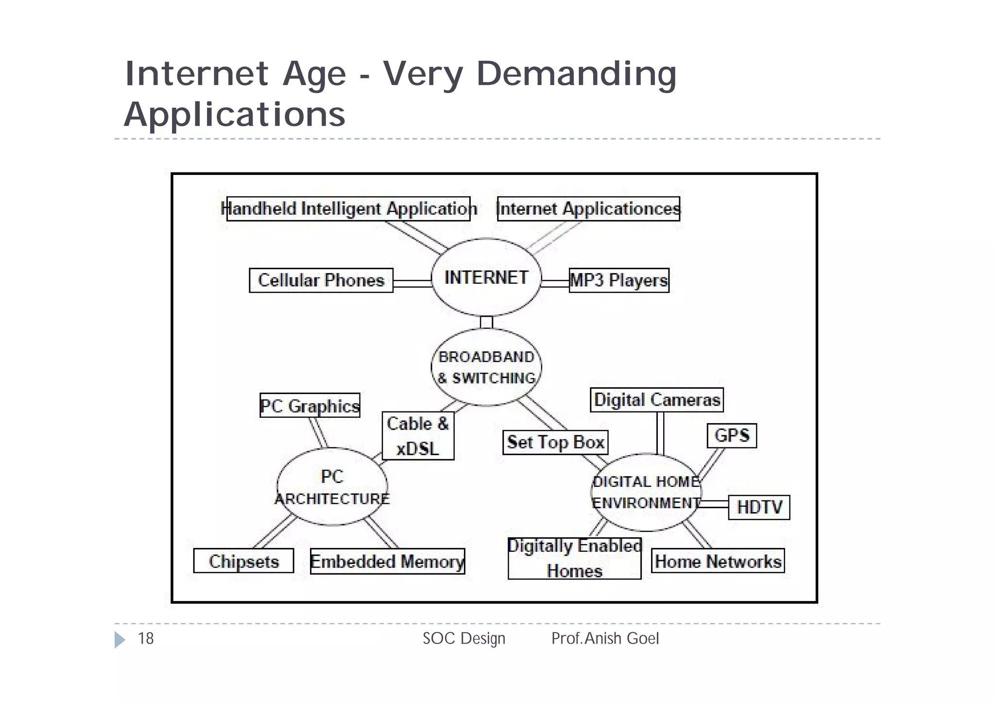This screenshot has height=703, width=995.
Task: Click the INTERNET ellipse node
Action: click(x=486, y=277)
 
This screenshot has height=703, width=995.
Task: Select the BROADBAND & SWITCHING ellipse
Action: click(x=486, y=367)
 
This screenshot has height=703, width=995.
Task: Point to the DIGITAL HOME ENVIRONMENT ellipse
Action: click(x=646, y=492)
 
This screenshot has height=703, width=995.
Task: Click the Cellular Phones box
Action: click(x=321, y=280)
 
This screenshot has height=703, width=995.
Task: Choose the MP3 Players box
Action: click(x=619, y=280)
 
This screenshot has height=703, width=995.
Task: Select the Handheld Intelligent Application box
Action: click(x=349, y=209)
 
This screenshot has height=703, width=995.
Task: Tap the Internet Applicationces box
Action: click(x=588, y=209)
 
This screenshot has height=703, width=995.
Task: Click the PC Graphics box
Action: click(x=310, y=406)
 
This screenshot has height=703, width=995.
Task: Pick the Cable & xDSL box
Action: click(x=418, y=436)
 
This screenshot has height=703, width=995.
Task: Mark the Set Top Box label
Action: click(x=555, y=442)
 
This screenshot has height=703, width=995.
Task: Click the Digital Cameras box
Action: click(x=657, y=400)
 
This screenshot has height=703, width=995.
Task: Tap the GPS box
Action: click(x=732, y=435)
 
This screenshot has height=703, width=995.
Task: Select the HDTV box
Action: click(x=759, y=507)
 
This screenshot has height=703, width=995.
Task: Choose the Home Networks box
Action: click(x=718, y=561)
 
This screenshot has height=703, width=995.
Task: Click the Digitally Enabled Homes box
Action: click(x=574, y=558)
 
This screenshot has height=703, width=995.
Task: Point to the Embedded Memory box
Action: click(x=387, y=561)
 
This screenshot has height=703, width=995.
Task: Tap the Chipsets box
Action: click(x=243, y=561)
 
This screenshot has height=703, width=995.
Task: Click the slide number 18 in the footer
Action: click(x=146, y=638)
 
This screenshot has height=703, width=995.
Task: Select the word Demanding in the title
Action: click(x=576, y=74)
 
